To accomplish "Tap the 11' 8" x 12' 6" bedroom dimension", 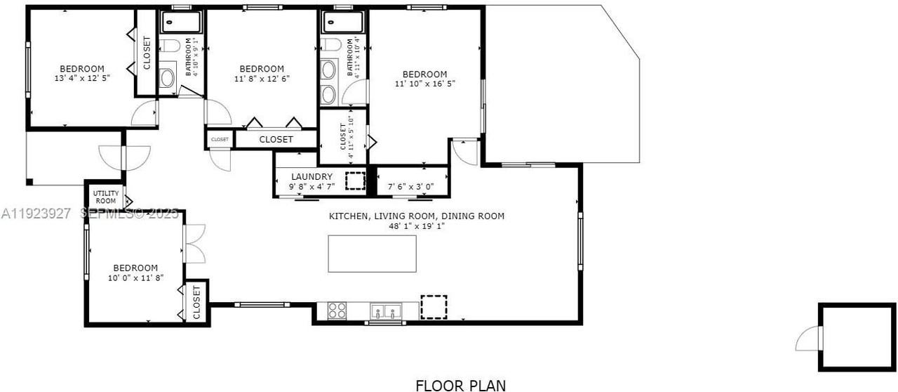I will coord(261,78).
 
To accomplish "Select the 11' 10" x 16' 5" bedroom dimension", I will coord(424,84).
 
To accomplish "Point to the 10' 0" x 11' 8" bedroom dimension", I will coord(135,277).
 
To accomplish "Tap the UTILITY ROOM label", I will coord(106,197).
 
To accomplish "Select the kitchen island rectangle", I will coord(372,254).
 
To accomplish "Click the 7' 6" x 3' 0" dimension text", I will coord(411,187).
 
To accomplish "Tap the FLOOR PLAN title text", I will coord(460,384).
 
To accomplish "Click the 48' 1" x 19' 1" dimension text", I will coord(417,226).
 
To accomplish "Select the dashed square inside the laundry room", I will coord(356,181).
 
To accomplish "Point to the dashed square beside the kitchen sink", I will coord(434,307).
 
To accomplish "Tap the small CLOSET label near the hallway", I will coord(220,140).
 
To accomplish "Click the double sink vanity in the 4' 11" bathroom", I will coord(328,81).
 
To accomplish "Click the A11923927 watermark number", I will coord(36,213).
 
